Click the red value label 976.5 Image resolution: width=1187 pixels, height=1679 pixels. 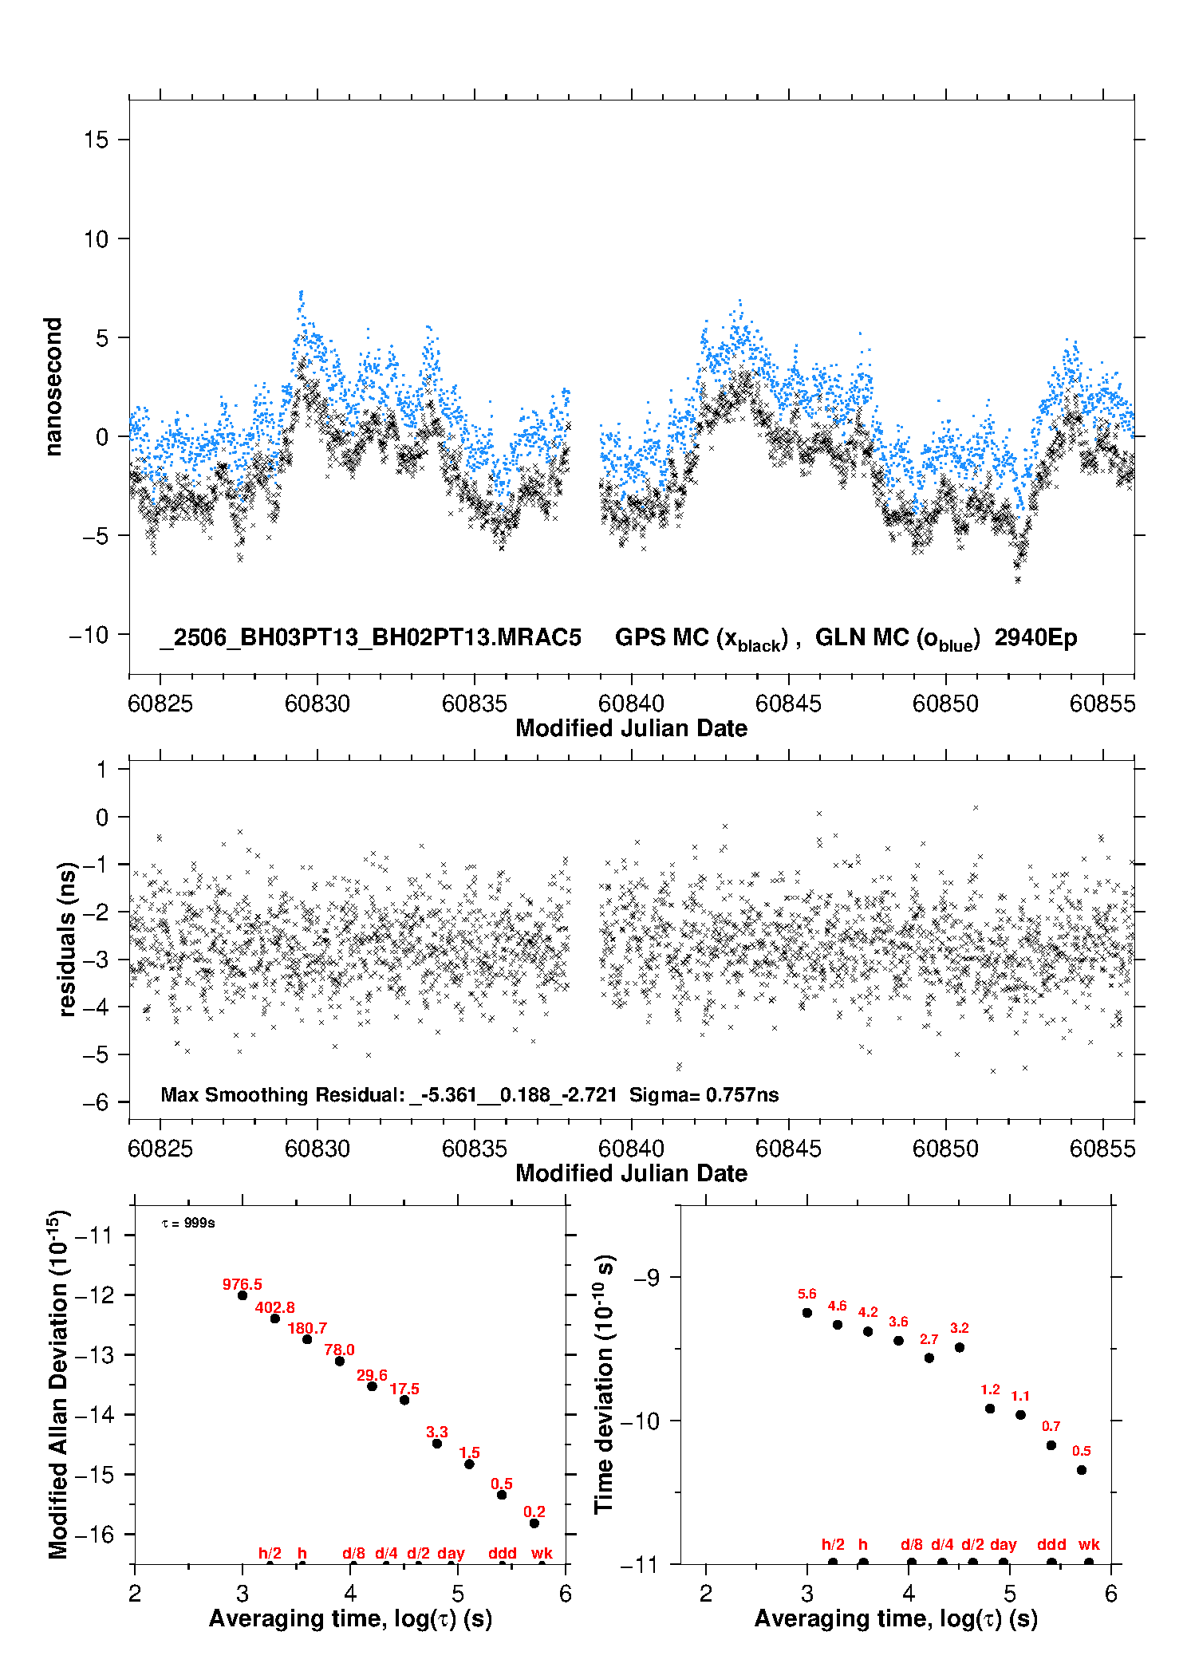pyautogui.click(x=242, y=1284)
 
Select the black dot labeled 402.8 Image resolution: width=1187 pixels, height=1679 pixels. pyautogui.click(x=275, y=1318)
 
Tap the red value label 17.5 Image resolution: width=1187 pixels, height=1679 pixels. pyautogui.click(x=404, y=1389)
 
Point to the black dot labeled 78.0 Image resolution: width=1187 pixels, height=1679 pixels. pyautogui.click(x=340, y=1361)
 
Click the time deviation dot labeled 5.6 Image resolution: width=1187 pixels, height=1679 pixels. pyautogui.click(x=807, y=1313)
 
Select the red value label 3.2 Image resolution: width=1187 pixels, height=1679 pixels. pyautogui.click(x=959, y=1328)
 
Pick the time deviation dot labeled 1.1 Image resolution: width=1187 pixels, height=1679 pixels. pyautogui.click(x=1020, y=1415)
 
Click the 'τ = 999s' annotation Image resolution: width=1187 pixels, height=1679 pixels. pyautogui.click(x=188, y=1223)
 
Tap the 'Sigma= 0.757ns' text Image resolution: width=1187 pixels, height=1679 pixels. pyautogui.click(x=704, y=1094)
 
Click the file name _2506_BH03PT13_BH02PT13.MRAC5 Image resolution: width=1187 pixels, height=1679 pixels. pyautogui.click(x=370, y=637)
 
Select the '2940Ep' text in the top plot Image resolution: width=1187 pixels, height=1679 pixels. pyautogui.click(x=1035, y=637)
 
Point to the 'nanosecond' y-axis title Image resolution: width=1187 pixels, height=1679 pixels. pyautogui.click(x=53, y=387)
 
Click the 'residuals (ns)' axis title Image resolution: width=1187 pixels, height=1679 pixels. pyautogui.click(x=67, y=939)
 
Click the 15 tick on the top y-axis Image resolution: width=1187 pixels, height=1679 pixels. pyautogui.click(x=96, y=140)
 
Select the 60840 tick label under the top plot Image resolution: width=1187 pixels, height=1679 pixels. pyautogui.click(x=631, y=704)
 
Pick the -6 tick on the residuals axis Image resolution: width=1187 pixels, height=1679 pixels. pyautogui.click(x=96, y=1102)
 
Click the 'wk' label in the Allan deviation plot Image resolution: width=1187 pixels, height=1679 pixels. pyautogui.click(x=542, y=1553)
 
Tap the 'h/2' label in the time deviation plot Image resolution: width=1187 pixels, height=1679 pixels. pyautogui.click(x=833, y=1544)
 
